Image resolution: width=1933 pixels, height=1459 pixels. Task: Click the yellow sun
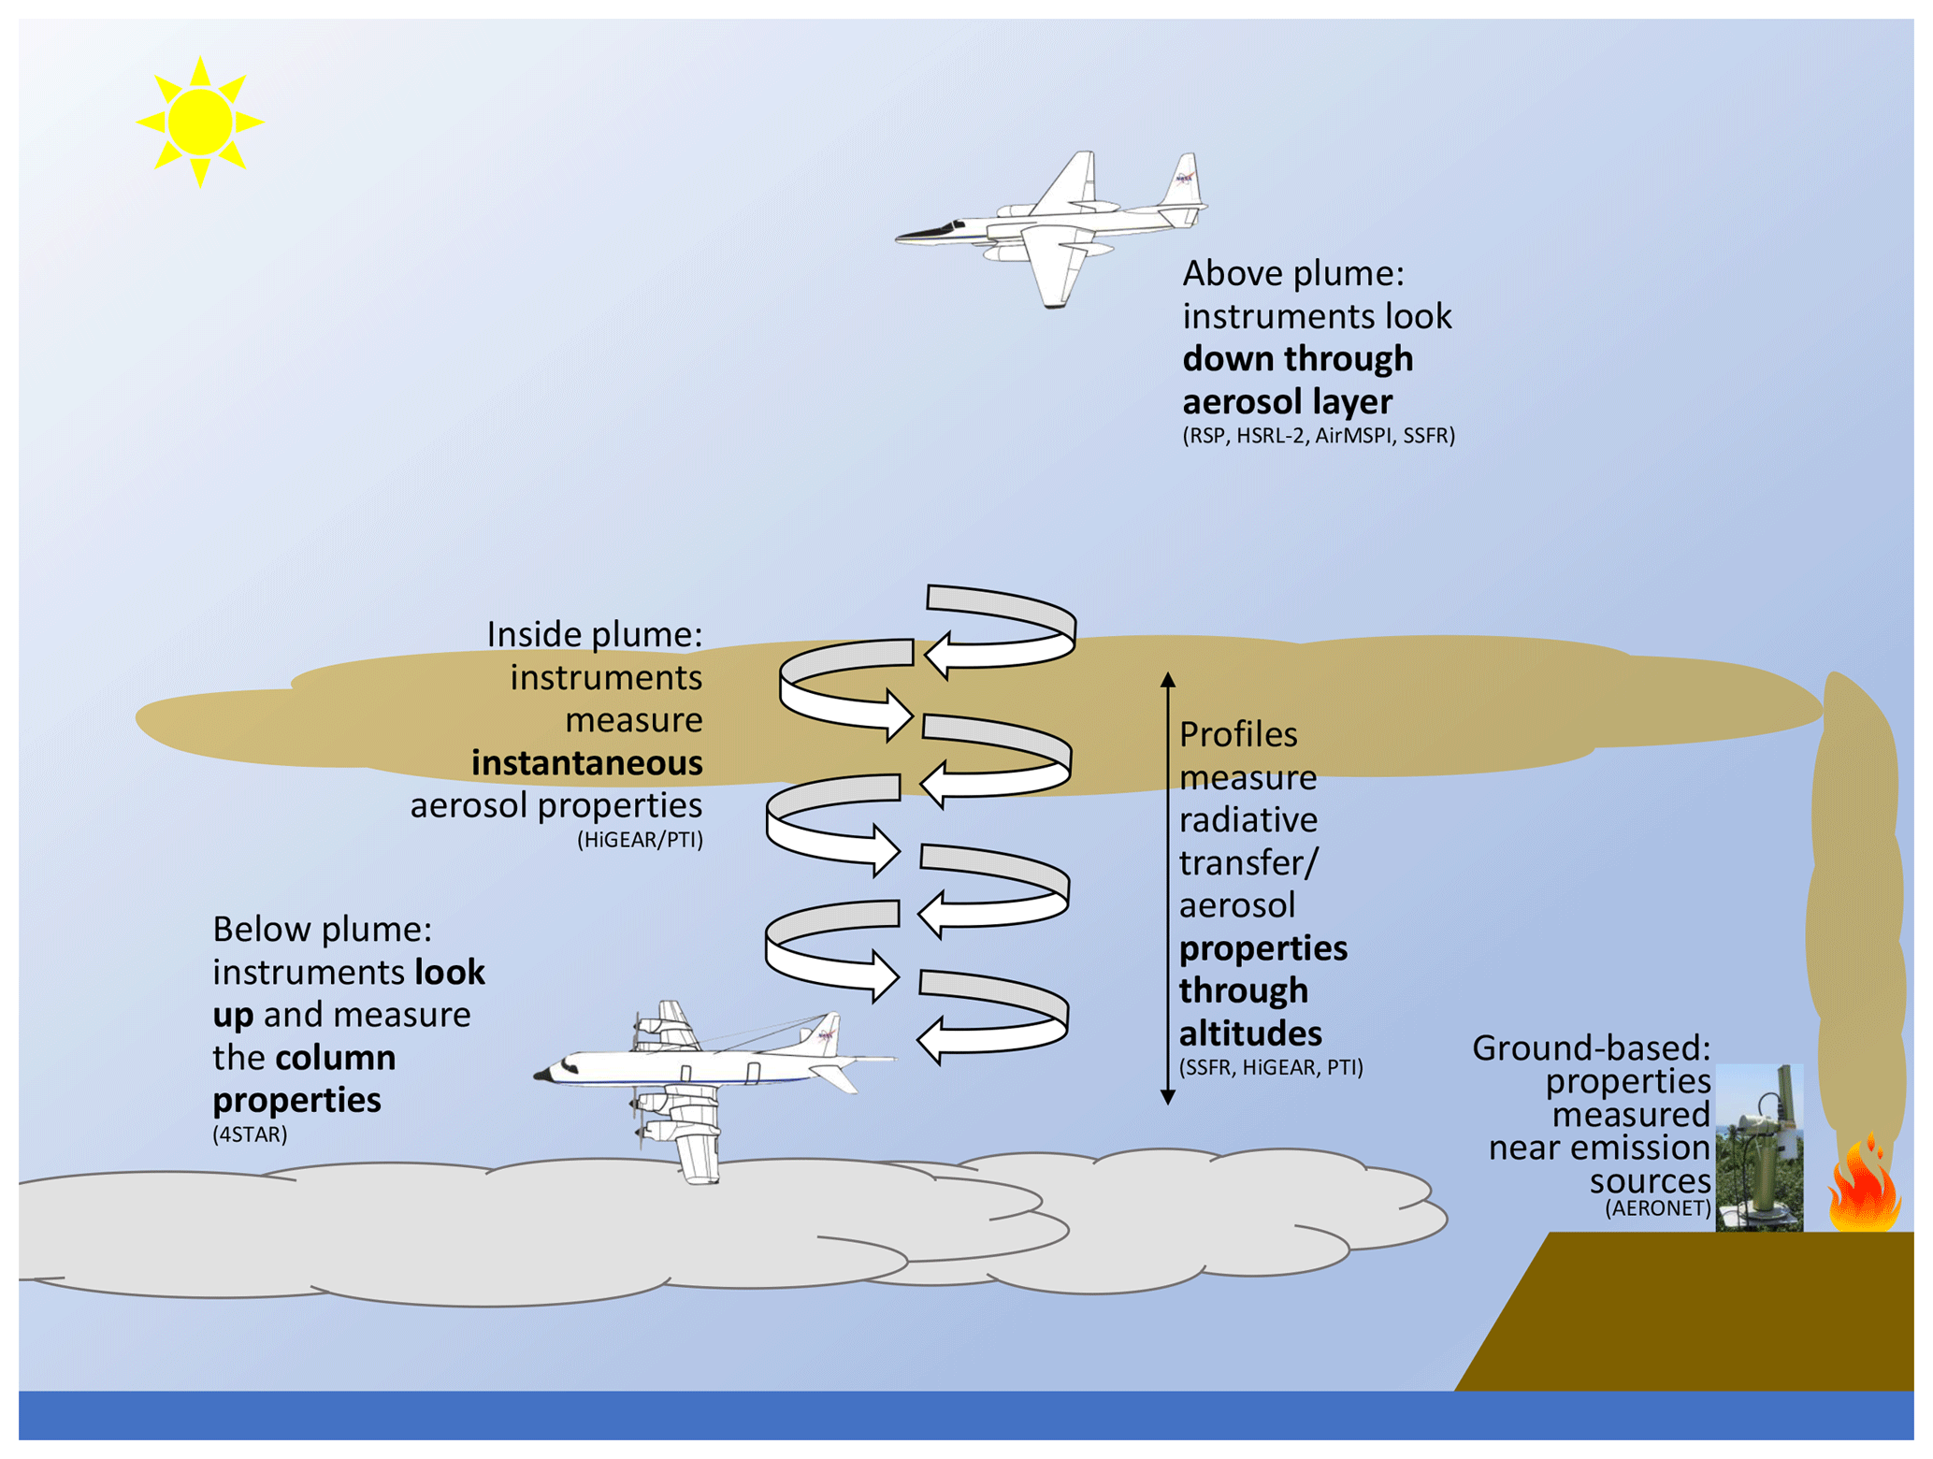click(x=199, y=122)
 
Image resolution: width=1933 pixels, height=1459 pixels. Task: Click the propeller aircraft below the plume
click(x=711, y=1076)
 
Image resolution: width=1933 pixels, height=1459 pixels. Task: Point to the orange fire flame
click(x=1864, y=1188)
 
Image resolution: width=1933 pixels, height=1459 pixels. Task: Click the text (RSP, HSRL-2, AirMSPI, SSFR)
click(x=1319, y=436)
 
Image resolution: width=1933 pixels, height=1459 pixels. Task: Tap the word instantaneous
click(x=587, y=763)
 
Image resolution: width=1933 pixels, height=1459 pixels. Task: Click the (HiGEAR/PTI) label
click(x=640, y=840)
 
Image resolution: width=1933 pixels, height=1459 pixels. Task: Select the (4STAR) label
click(x=250, y=1134)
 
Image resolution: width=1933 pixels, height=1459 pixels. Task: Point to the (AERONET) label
click(x=1657, y=1208)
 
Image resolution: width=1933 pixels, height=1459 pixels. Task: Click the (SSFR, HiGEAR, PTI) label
click(x=1271, y=1067)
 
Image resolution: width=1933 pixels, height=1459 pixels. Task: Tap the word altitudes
click(x=1250, y=1033)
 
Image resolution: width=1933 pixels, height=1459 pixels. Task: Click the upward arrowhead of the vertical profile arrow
click(x=1168, y=680)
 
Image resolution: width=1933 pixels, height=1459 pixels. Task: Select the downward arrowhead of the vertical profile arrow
click(x=1168, y=1097)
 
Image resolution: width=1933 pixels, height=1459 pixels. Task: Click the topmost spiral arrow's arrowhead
click(x=939, y=655)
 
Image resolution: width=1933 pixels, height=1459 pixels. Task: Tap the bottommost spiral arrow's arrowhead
click(x=931, y=1041)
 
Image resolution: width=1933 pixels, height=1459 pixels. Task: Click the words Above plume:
click(x=1293, y=274)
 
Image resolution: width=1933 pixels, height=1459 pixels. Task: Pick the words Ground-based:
click(x=1591, y=1048)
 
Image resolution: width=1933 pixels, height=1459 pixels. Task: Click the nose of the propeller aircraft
click(x=542, y=1076)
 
